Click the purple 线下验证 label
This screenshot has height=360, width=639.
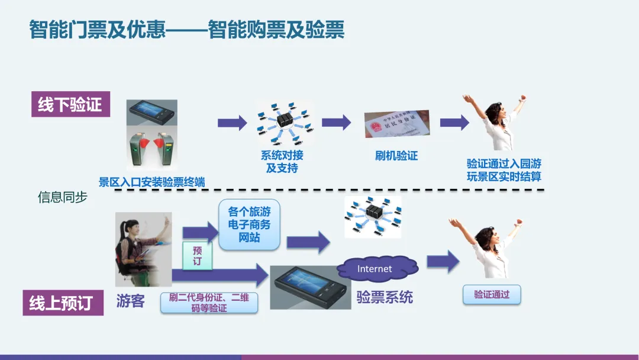(x=70, y=105)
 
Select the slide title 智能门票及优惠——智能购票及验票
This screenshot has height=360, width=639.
(x=186, y=30)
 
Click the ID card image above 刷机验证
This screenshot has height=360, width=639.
(x=396, y=124)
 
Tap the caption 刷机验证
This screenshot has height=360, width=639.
(x=396, y=156)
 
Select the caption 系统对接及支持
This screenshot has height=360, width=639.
(x=282, y=162)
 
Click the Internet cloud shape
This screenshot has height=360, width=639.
(x=375, y=269)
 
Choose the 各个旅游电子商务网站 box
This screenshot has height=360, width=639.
(x=249, y=224)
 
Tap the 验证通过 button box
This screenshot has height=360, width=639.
(x=492, y=294)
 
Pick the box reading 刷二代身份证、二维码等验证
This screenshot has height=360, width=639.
(x=209, y=303)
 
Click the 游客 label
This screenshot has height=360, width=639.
(x=130, y=301)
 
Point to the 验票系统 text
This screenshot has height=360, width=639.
(x=385, y=297)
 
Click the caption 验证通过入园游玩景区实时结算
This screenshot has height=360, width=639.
(x=504, y=170)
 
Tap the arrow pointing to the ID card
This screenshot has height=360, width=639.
(x=337, y=123)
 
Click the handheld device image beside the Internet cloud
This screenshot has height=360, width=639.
(x=309, y=287)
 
